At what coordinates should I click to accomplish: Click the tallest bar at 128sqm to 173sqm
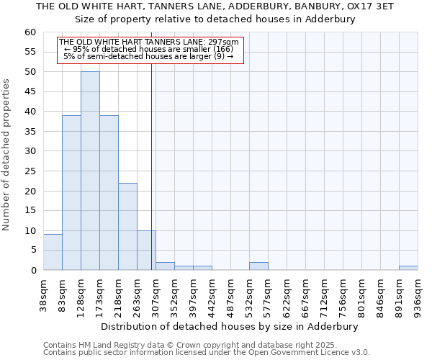[x=90, y=171]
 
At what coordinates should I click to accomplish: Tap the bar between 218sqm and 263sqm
[x=127, y=226]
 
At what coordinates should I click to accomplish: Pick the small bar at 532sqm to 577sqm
[x=258, y=266]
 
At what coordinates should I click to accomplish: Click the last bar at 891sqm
[x=408, y=268]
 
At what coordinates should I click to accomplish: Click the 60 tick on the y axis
[x=30, y=32]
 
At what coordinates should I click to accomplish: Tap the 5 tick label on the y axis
[x=32, y=251]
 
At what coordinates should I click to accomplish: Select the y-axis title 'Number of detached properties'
[x=6, y=155]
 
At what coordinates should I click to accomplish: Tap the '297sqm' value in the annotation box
[x=223, y=42]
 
